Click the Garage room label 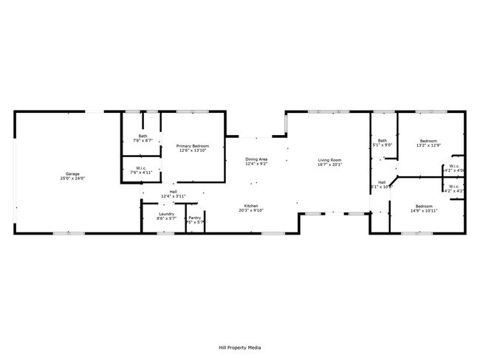click(x=71, y=174)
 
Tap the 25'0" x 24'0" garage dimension click(x=71, y=179)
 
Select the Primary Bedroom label click(x=193, y=146)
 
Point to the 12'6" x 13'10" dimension click(x=193, y=150)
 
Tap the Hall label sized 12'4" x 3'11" click(x=173, y=192)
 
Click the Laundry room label click(x=166, y=214)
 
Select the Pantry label click(x=195, y=218)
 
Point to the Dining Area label click(x=256, y=159)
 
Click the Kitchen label click(x=252, y=206)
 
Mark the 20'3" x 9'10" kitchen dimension click(x=252, y=210)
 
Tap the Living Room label click(x=330, y=160)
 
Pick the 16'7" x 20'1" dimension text click(x=330, y=165)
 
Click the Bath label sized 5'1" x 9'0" click(x=383, y=140)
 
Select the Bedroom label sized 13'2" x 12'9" click(x=428, y=141)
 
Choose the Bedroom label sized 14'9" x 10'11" click(x=424, y=206)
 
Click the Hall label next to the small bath click(x=382, y=182)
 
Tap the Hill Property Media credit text click(x=240, y=347)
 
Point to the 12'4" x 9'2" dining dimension click(x=256, y=164)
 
